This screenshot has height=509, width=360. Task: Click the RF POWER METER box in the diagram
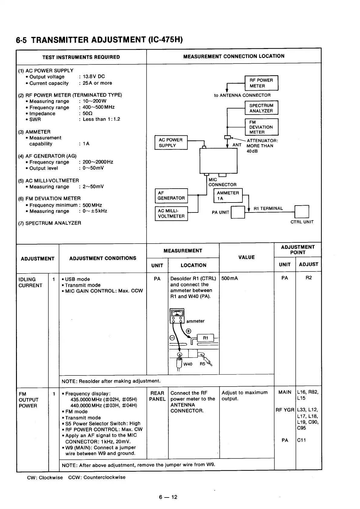261,83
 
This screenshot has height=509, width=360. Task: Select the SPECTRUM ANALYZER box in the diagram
261,108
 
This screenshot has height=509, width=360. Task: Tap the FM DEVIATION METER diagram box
261,127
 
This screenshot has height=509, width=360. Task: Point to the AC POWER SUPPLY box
171,143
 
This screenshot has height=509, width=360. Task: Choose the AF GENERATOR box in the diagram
171,196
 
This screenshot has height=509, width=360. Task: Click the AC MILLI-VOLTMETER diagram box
171,213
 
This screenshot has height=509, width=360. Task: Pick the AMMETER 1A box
228,196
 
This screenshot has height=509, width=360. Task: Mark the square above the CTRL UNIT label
301,211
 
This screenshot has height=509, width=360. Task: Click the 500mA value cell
230,278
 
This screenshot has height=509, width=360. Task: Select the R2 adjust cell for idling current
309,278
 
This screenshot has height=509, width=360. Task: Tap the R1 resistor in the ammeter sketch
206,338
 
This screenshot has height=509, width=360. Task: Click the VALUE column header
246,257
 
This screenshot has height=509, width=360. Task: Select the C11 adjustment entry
301,440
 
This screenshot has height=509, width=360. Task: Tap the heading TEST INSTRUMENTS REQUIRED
81,57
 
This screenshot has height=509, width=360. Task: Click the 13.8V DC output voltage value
94,77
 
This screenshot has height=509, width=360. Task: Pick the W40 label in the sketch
188,364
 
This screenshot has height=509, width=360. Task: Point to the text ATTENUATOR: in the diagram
262,141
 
